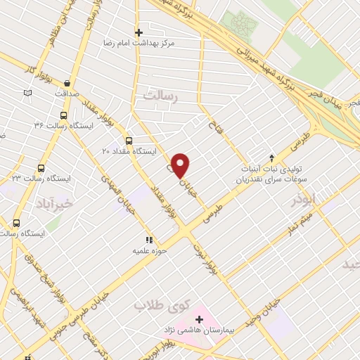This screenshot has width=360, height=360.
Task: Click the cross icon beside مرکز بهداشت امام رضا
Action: click(x=139, y=32)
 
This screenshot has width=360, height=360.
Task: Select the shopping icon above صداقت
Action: click(x=67, y=82)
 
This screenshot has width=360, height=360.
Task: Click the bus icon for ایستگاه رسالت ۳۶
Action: click(x=64, y=116)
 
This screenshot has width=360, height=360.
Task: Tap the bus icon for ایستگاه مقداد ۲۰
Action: click(x=128, y=139)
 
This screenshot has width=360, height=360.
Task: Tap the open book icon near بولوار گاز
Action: click(x=27, y=92)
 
